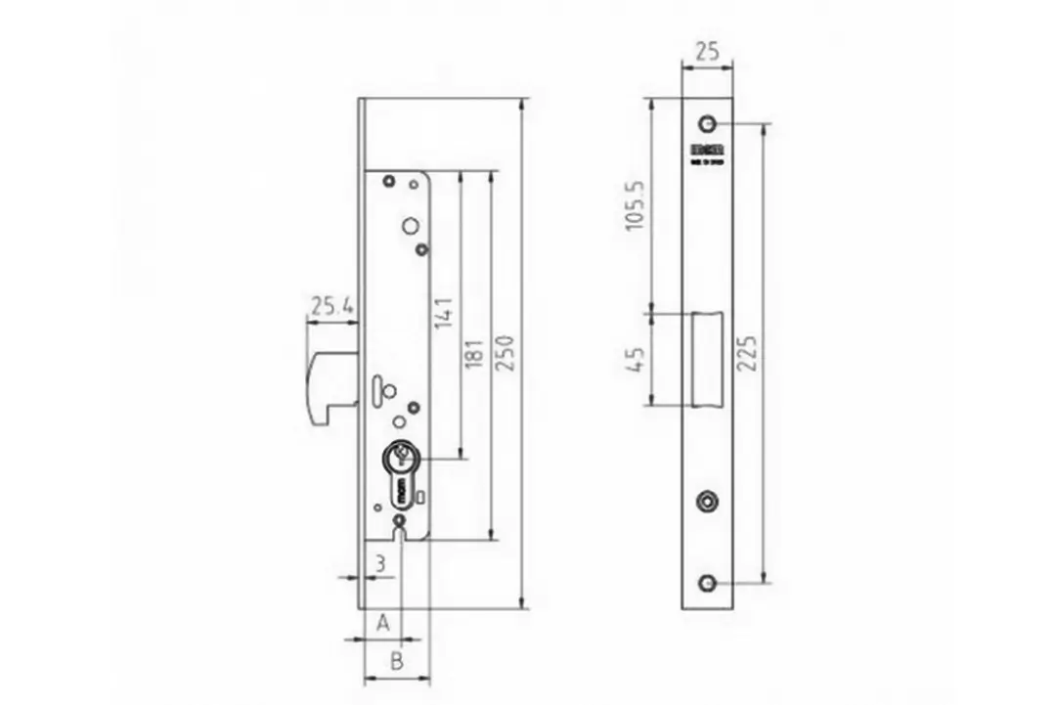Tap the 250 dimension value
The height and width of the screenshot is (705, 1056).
506,352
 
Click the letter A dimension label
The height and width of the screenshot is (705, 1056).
383,622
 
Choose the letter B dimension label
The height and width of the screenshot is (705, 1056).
396,661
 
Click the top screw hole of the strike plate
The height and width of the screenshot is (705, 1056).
706,124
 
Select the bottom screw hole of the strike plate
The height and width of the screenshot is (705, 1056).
706,584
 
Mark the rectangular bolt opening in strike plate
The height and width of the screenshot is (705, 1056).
708,359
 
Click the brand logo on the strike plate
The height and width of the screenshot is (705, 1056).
706,150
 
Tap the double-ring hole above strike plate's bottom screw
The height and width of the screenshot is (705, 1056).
706,502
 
